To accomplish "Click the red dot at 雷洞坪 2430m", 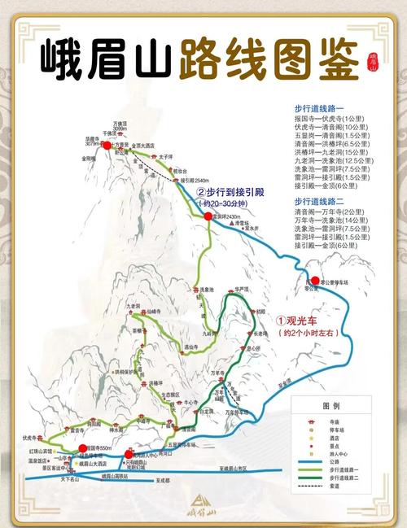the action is pos(208,216).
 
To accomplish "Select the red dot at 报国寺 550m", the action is pos(83,449).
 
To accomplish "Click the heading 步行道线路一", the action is pos(319,107).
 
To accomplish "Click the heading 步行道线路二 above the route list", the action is pos(319,200).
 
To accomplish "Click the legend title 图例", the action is pos(330,405).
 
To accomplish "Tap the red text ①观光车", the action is pos(303,321).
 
